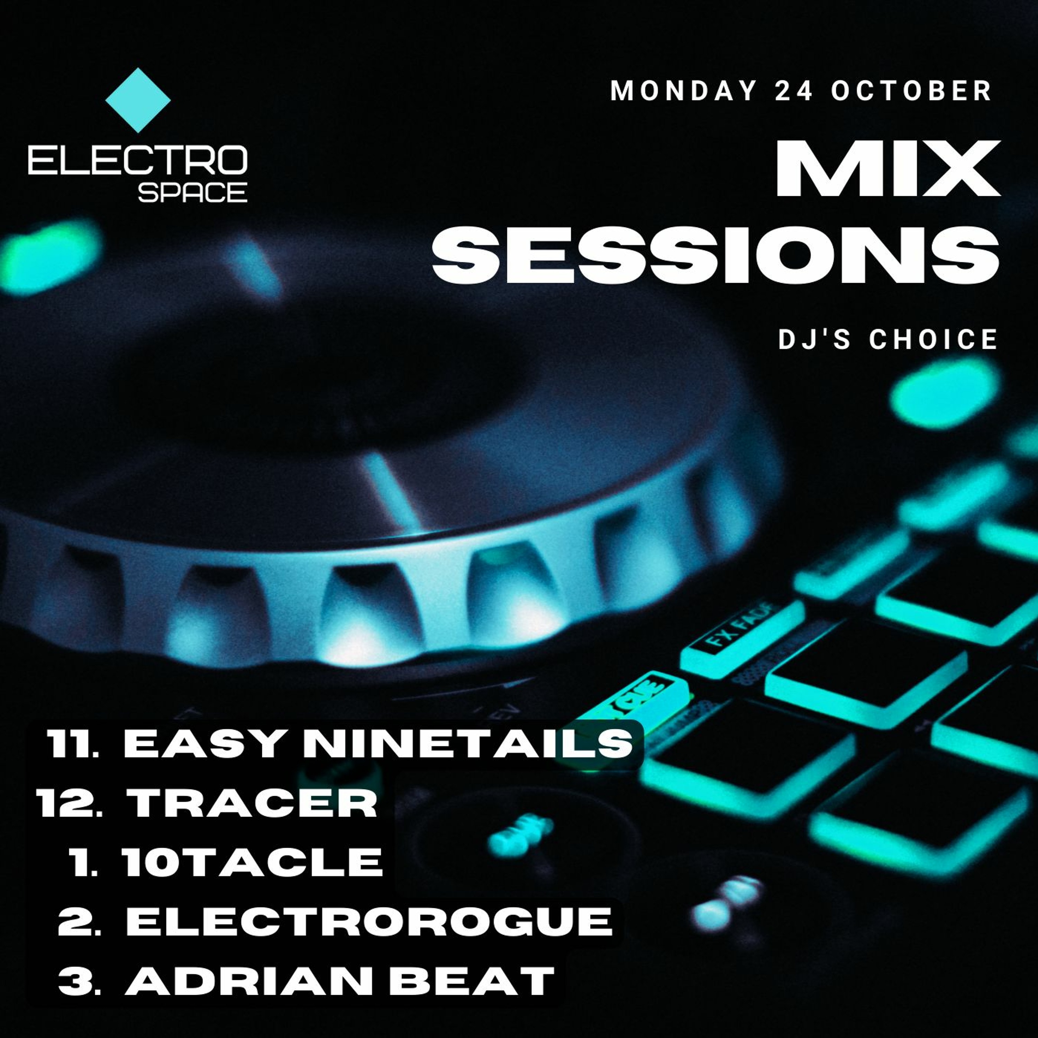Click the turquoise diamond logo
tap(138, 100)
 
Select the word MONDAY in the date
tap(683, 90)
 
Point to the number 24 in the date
tap(794, 90)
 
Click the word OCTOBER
tap(912, 90)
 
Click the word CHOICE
tap(934, 339)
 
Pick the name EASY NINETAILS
tap(378, 744)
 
